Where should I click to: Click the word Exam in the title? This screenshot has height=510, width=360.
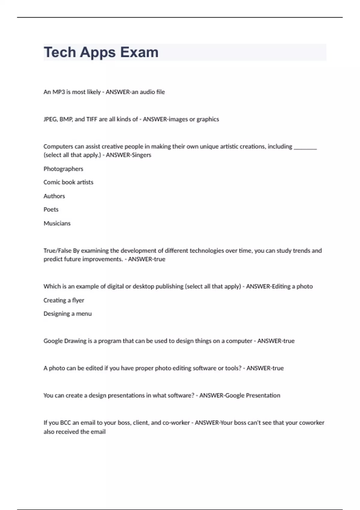click(x=139, y=52)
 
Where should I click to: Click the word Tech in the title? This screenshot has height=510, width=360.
click(x=60, y=52)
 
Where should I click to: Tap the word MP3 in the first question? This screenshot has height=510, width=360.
click(x=59, y=92)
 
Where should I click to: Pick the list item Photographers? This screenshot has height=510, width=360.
click(x=63, y=169)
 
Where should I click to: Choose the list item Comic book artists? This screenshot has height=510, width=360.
click(x=68, y=182)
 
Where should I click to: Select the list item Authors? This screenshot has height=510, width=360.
click(x=54, y=196)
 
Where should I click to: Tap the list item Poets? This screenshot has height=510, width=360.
click(x=51, y=209)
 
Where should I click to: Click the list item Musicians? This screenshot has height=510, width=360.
click(x=57, y=223)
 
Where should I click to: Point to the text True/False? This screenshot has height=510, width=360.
click(x=57, y=250)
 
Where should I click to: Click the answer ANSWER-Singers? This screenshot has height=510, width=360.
click(x=129, y=155)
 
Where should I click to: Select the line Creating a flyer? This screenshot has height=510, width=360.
click(x=64, y=300)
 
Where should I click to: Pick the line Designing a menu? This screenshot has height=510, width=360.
click(x=67, y=314)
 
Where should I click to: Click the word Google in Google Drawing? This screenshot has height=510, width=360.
click(x=53, y=341)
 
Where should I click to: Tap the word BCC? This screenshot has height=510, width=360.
click(x=65, y=423)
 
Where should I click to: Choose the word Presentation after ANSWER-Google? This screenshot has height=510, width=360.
click(x=263, y=395)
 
